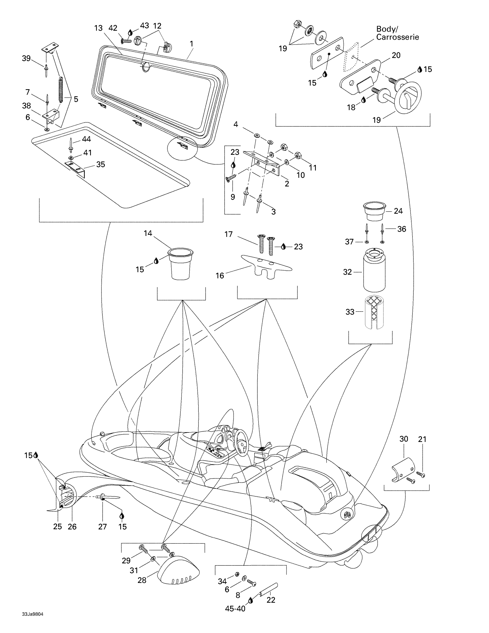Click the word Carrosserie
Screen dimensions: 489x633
[x=398, y=37]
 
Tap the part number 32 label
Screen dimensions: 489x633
[x=347, y=272]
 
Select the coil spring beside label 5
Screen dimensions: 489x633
[x=61, y=89]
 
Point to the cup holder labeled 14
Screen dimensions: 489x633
[x=181, y=264]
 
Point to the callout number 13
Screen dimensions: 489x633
[x=98, y=28]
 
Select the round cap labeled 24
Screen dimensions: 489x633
[x=374, y=212]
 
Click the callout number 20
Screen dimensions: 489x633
[x=396, y=55]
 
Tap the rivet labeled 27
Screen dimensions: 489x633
[x=110, y=497]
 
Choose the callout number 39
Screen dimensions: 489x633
[x=26, y=58]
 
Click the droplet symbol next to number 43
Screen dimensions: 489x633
[x=130, y=33]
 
